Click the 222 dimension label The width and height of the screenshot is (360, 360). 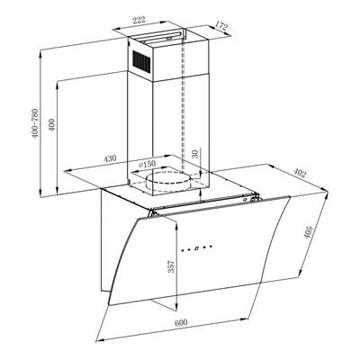(139, 20)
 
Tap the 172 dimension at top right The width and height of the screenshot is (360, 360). (221, 26)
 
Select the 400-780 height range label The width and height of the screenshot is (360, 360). (35, 123)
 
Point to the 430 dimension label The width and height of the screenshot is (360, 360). (110, 158)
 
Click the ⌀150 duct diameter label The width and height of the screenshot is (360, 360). (147, 164)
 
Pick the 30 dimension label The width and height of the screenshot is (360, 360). (195, 154)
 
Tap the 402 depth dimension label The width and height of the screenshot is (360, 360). (299, 173)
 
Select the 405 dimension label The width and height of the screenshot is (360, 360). (309, 232)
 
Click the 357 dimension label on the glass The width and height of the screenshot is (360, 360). (171, 265)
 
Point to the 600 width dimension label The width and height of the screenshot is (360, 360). (181, 323)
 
